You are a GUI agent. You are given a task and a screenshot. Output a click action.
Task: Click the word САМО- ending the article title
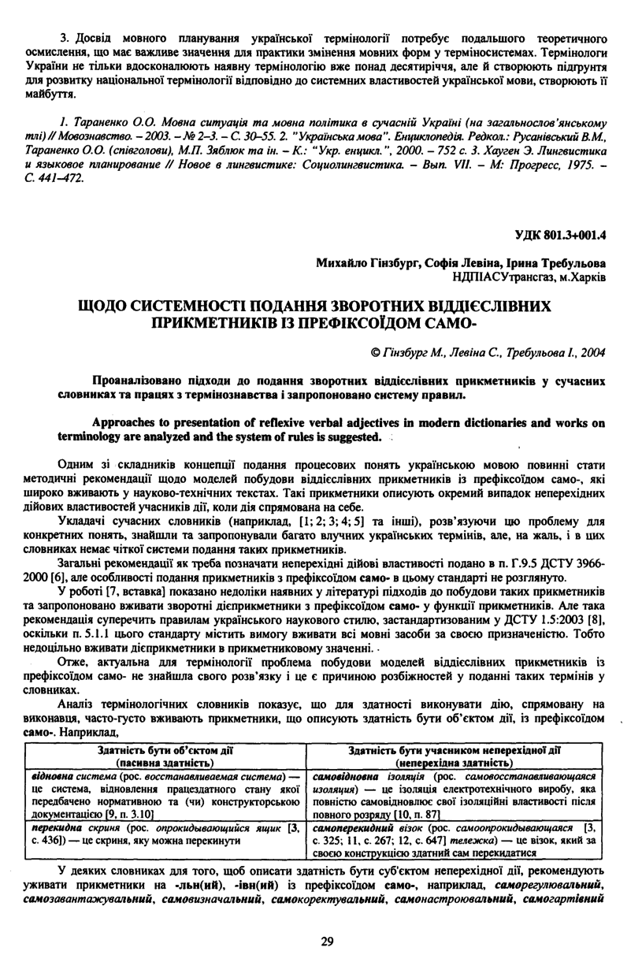click(x=449, y=323)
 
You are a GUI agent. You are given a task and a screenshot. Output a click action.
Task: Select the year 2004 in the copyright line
click(x=592, y=351)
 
